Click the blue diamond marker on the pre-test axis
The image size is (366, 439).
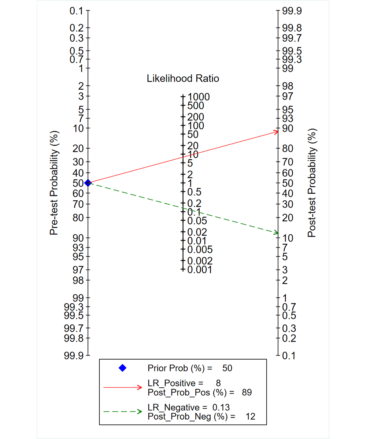[88, 183]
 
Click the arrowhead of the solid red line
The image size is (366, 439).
[276, 132]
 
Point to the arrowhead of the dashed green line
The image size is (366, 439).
[276, 232]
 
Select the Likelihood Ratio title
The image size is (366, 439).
[183, 78]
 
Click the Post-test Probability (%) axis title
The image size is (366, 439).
[312, 182]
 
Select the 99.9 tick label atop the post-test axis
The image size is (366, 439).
[292, 11]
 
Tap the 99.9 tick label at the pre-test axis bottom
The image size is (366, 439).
[74, 355]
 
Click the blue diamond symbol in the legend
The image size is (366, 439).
[123, 368]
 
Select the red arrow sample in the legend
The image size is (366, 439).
[123, 387]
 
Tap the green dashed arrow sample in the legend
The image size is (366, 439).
[123, 412]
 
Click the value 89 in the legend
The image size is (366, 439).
[247, 393]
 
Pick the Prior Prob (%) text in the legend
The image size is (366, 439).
[176, 368]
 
